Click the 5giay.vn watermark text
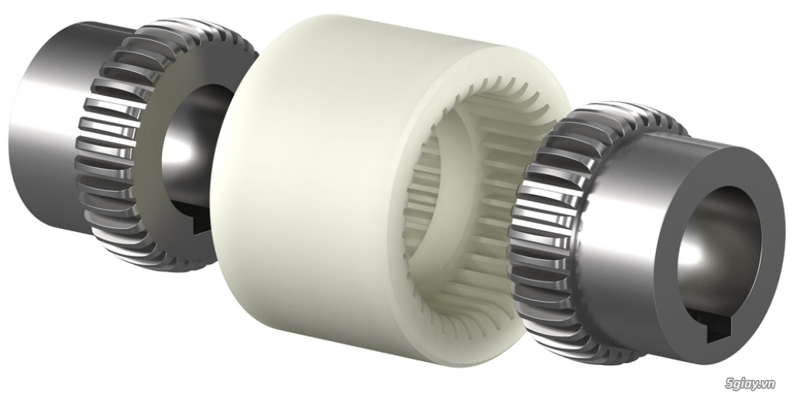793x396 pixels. coord(757,382)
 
